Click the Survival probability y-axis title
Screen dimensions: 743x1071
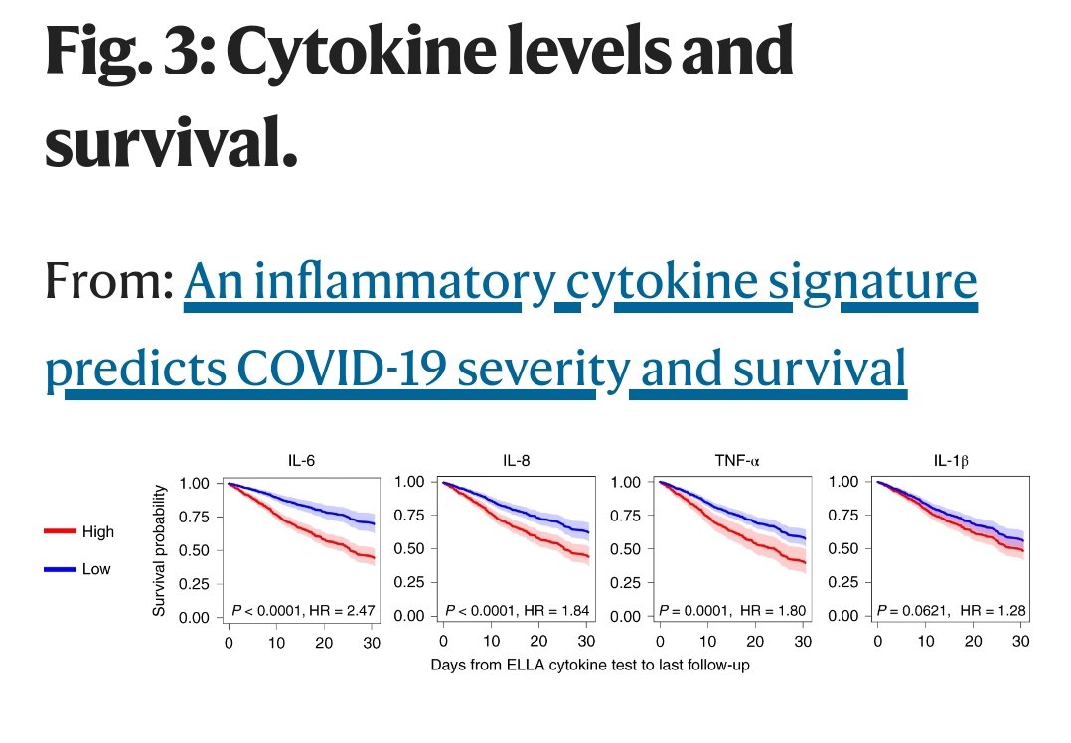click(x=160, y=549)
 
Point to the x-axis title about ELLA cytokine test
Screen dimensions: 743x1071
click(x=590, y=665)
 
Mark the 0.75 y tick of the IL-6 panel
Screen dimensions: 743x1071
click(x=195, y=517)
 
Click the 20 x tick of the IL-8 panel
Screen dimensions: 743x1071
click(x=539, y=641)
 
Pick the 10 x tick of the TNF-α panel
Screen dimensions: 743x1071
click(x=708, y=641)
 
